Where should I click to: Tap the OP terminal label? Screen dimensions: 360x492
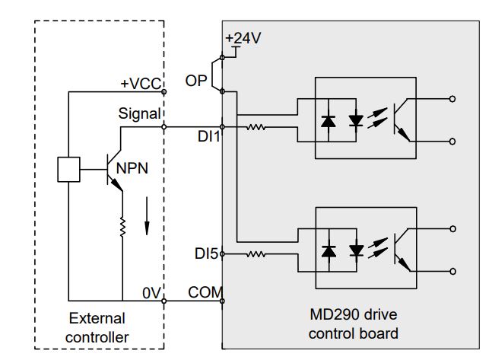point(196,80)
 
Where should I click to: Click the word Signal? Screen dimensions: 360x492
point(139,114)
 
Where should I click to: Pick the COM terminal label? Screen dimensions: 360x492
point(203,292)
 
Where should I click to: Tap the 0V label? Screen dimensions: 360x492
point(151,292)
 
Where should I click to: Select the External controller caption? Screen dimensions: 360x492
point(97,327)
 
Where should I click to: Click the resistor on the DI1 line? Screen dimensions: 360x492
point(256,127)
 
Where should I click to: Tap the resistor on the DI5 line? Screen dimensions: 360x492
point(256,254)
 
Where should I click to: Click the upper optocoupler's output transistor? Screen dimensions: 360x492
point(402,120)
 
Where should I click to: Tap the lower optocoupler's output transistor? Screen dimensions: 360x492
point(402,248)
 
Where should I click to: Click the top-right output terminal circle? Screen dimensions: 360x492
point(454,98)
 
